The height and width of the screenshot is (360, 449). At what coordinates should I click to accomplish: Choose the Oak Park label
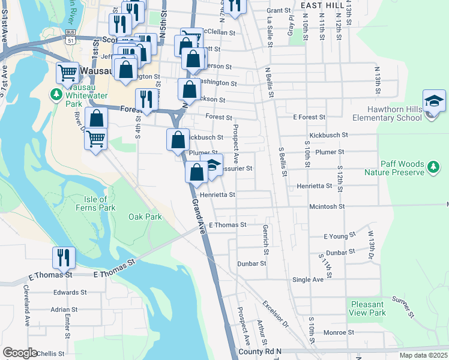(x=145, y=217)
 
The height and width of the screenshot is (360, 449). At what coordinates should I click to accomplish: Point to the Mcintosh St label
(x=327, y=206)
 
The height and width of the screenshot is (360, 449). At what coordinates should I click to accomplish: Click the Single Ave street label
(x=307, y=280)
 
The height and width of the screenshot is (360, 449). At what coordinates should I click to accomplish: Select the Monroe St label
(x=339, y=332)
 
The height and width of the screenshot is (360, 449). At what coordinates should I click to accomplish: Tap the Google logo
(x=20, y=353)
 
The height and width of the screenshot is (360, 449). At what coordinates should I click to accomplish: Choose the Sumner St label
(x=403, y=307)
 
